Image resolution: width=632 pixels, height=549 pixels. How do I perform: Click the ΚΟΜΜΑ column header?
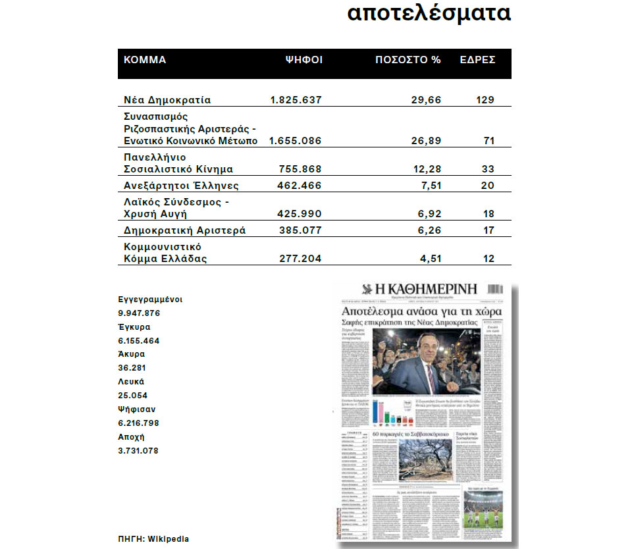pyautogui.click(x=145, y=60)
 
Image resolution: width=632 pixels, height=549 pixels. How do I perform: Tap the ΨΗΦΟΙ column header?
pyautogui.click(x=303, y=60)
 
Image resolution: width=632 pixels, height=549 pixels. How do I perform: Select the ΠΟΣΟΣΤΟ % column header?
pyautogui.click(x=408, y=60)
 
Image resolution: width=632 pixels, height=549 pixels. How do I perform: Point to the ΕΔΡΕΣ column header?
pyautogui.click(x=477, y=60)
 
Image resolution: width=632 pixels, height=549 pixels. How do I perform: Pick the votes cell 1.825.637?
pyautogui.click(x=296, y=100)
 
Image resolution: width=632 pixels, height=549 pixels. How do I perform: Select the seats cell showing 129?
pyautogui.click(x=485, y=100)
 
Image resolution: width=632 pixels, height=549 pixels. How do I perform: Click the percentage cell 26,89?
pyautogui.click(x=427, y=141)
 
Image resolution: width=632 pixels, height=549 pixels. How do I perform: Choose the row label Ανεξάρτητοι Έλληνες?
pyautogui.click(x=181, y=186)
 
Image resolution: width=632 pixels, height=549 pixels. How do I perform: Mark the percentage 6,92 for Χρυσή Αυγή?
pyautogui.click(x=430, y=214)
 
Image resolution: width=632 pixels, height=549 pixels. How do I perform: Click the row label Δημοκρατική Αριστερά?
pyautogui.click(x=185, y=230)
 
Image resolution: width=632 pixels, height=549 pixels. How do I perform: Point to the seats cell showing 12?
pyautogui.click(x=488, y=259)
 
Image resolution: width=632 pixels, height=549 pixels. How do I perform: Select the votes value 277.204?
pyautogui.click(x=301, y=259)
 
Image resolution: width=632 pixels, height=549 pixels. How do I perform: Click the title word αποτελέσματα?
pyautogui.click(x=429, y=13)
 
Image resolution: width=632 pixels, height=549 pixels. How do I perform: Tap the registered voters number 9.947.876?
pyautogui.click(x=138, y=313)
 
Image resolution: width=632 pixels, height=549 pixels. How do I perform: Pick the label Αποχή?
pyautogui.click(x=131, y=437)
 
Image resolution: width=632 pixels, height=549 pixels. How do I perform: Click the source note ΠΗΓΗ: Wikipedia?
pyautogui.click(x=153, y=538)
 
